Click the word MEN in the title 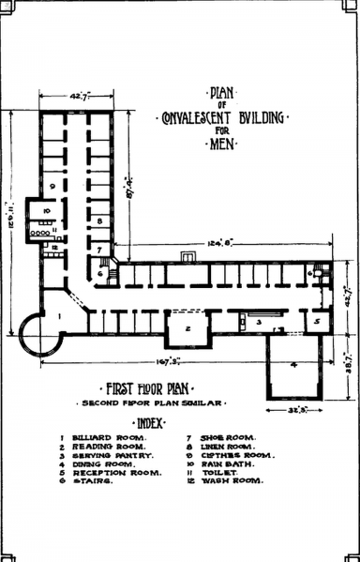tap(222, 144)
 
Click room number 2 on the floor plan tap(188, 328)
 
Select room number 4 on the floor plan tap(292, 366)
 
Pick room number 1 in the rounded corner tap(59, 316)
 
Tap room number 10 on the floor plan tap(45, 210)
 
